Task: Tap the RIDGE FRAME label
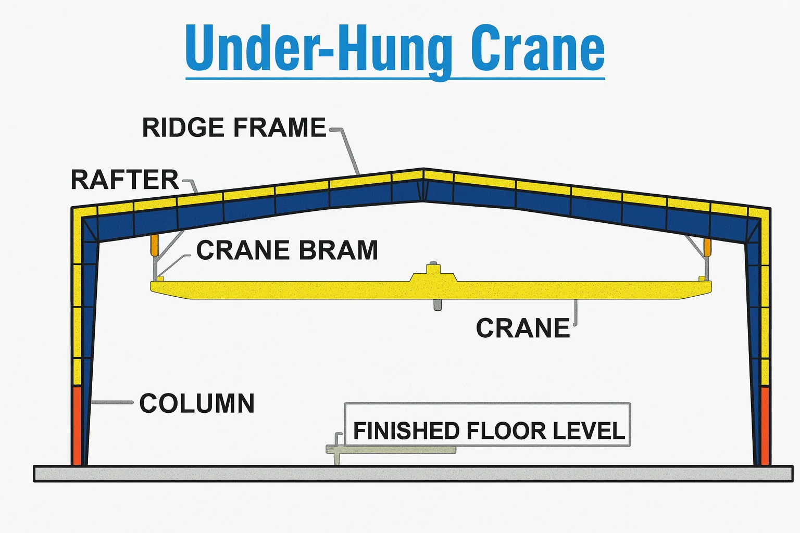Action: click(234, 128)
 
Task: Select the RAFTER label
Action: click(124, 180)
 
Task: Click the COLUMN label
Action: click(197, 403)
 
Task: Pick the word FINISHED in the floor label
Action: click(406, 431)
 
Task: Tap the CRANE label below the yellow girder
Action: click(523, 328)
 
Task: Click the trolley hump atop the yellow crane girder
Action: click(433, 274)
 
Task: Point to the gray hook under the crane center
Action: click(437, 304)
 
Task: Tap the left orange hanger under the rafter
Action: click(154, 245)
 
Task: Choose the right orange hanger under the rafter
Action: click(707, 247)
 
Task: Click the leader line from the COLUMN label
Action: click(112, 402)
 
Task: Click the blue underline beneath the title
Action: click(395, 79)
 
